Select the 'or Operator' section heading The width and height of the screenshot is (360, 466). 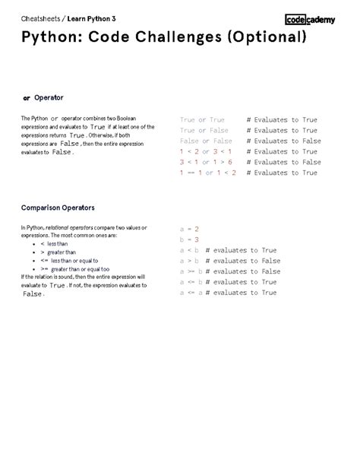point(43,98)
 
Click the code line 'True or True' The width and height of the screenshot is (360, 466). point(202,120)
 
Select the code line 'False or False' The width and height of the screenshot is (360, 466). point(206,141)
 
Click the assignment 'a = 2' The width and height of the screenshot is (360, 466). point(188,229)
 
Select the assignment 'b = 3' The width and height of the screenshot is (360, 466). point(188,239)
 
